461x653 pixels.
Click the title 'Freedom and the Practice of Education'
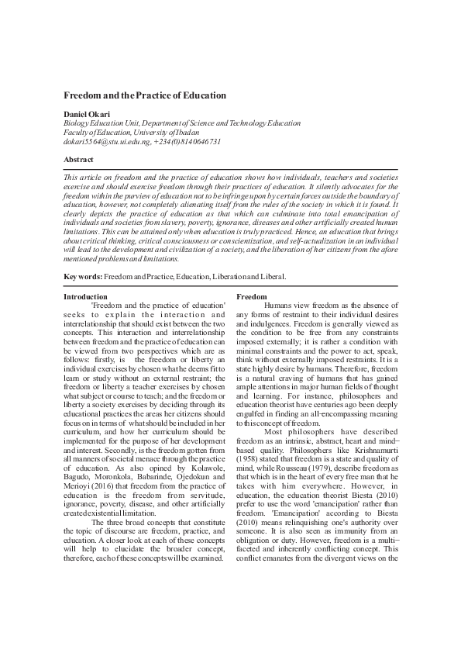(144, 95)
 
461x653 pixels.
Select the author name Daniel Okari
(88, 113)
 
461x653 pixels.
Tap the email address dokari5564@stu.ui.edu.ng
(109, 141)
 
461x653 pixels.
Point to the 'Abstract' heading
(78, 159)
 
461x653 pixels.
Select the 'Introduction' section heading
(85, 297)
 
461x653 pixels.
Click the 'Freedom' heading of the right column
(251, 297)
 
